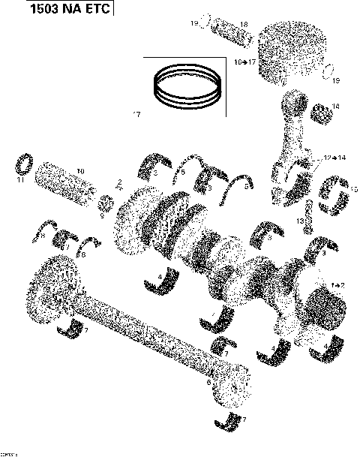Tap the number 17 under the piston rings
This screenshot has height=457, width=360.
tap(136, 115)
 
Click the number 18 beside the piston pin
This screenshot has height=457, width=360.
tap(222, 24)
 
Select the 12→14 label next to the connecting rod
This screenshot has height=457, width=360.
tap(334, 158)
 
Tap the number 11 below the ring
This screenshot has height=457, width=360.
tap(21, 179)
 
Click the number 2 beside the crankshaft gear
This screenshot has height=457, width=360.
tap(119, 182)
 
